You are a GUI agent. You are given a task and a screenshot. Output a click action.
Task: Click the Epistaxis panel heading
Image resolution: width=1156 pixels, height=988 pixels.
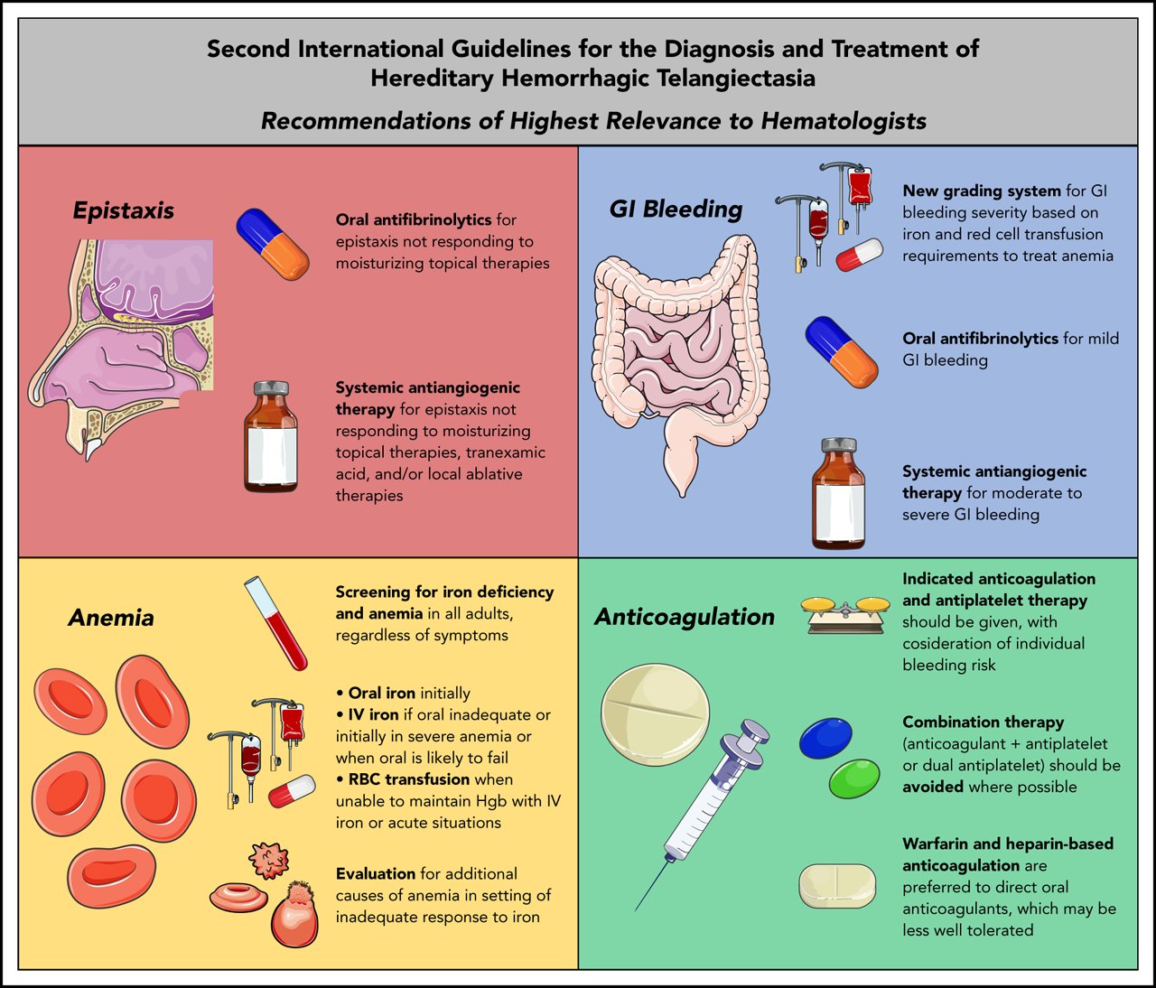(124, 210)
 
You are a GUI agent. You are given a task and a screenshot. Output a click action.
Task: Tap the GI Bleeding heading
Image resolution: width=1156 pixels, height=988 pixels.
(676, 209)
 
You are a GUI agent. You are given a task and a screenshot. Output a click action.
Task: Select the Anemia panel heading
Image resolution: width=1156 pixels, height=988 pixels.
(111, 618)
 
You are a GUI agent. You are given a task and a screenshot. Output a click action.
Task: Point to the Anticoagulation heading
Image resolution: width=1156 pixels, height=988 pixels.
(685, 617)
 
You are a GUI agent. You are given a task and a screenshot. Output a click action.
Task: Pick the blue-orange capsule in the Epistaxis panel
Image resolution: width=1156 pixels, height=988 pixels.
(273, 244)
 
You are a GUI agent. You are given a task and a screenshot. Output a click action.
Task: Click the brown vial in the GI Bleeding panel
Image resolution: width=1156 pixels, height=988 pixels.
(839, 494)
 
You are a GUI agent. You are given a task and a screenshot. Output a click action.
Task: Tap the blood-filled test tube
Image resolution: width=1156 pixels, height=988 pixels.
(275, 623)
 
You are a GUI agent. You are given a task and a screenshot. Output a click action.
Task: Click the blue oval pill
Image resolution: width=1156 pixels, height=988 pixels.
(825, 739)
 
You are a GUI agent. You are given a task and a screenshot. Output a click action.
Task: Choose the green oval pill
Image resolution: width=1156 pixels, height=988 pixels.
(853, 778)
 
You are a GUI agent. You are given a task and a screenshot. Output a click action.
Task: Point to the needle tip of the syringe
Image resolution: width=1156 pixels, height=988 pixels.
(638, 907)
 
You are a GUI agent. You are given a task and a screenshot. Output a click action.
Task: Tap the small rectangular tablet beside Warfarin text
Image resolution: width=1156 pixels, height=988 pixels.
(837, 886)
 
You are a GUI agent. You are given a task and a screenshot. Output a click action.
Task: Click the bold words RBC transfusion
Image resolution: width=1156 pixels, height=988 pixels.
(409, 779)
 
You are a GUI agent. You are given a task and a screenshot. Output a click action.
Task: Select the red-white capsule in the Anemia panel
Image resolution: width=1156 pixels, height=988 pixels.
(292, 790)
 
